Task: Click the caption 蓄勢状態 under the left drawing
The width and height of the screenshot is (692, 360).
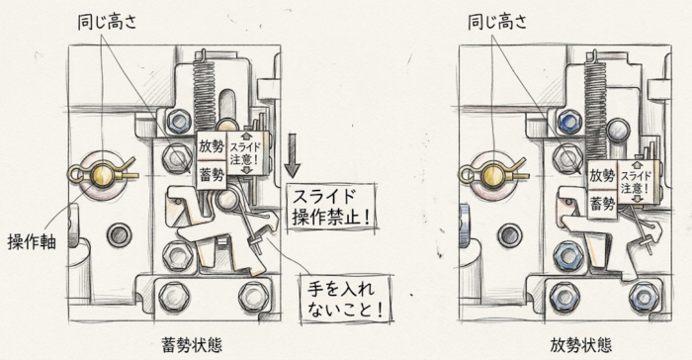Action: [192, 345]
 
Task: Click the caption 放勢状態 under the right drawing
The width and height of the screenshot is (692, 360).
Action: [581, 345]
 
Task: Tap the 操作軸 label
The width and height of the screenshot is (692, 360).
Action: [32, 241]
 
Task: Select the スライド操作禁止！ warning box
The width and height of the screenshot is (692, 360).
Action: [331, 207]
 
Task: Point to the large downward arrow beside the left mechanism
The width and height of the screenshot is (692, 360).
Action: [293, 156]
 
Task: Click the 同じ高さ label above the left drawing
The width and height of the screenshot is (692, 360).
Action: [107, 21]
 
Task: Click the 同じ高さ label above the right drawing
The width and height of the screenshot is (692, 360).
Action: [497, 21]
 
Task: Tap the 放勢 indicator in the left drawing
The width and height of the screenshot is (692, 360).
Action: [212, 146]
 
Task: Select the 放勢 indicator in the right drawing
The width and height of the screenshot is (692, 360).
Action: [602, 175]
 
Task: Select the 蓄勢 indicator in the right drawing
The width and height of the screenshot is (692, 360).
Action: [602, 203]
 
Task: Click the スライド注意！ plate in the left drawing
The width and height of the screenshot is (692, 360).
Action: [246, 153]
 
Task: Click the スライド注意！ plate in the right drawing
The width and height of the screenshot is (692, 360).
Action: [636, 182]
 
